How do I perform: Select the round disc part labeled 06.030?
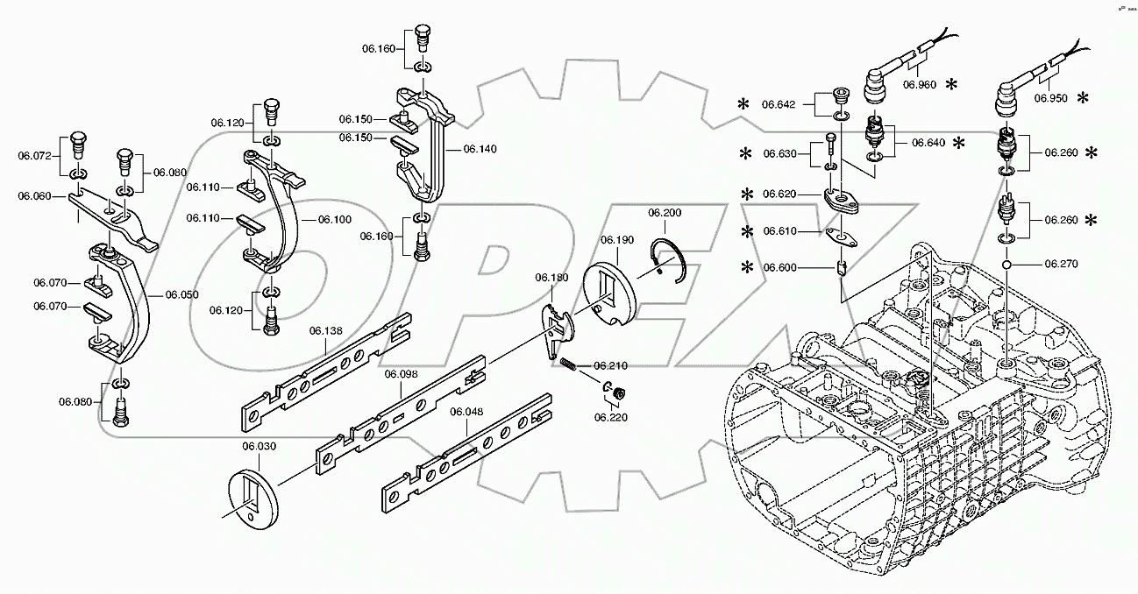point(256,500)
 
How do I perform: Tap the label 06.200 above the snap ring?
point(665,213)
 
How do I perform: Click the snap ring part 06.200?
point(672,259)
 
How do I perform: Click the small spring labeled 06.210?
point(570,364)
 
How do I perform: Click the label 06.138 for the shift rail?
point(326,330)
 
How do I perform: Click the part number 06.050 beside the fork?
point(182,295)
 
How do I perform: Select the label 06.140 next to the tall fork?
point(480,149)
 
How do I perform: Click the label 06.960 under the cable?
point(920,84)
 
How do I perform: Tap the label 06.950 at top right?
point(1051,98)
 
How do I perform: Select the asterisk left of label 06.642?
point(743,104)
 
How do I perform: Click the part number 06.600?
point(779,267)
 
